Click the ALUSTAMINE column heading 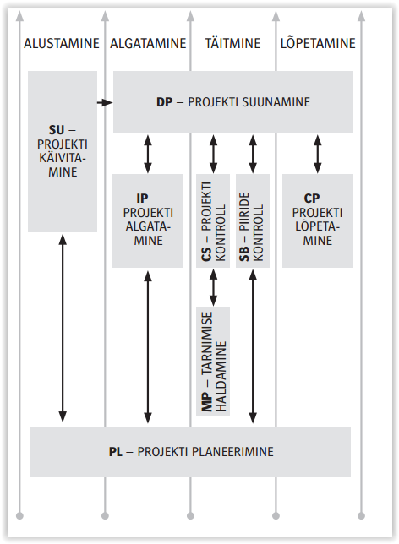tap(62, 43)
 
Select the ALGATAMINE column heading tap(148, 43)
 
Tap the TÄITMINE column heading tap(232, 43)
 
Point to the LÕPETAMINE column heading tap(318, 43)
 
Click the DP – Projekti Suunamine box tap(233, 102)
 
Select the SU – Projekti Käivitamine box tap(63, 151)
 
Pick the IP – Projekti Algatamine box tap(148, 220)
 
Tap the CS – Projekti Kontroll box tap(213, 220)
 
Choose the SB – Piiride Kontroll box tap(253, 220)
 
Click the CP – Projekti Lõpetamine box tap(318, 220)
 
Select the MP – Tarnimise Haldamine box tap(213, 361)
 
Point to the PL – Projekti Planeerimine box tap(191, 452)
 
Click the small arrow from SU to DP tap(105, 102)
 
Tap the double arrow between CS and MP tap(213, 287)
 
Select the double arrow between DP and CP tap(317, 154)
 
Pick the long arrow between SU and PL tap(63, 328)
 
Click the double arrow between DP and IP tap(148, 154)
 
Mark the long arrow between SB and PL tap(253, 346)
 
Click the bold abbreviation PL tap(116, 452)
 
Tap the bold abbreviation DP tap(164, 102)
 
